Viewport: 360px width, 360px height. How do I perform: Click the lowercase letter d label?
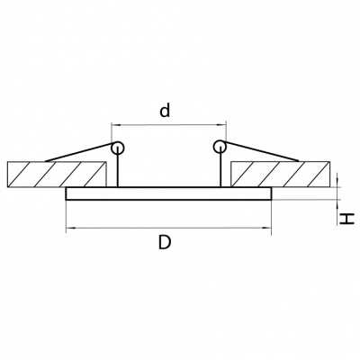click(165, 110)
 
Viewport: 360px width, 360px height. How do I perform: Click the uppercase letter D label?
click(165, 242)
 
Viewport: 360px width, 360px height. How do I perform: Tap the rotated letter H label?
click(347, 219)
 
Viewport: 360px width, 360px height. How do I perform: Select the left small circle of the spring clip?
click(117, 148)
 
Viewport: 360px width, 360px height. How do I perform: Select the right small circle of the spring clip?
click(220, 147)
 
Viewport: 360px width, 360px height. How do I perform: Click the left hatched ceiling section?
click(57, 175)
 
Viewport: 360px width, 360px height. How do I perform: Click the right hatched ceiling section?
click(280, 175)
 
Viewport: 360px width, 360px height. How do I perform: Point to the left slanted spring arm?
click(78, 152)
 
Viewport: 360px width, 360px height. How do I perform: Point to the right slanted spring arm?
click(262, 151)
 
